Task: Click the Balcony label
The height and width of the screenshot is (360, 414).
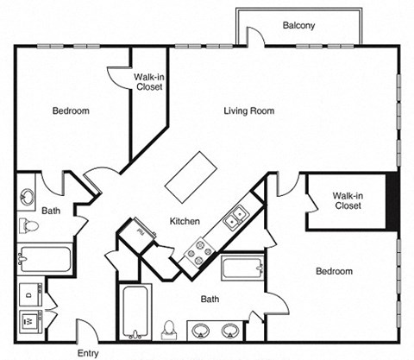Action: [x=298, y=26]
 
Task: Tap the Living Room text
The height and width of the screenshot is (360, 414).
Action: [x=248, y=111]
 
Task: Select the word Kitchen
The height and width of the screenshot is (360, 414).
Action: [x=185, y=222]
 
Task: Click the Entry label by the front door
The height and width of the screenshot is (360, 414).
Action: [x=88, y=353]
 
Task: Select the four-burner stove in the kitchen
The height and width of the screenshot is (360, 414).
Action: [x=201, y=250]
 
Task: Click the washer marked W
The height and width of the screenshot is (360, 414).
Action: [x=28, y=318]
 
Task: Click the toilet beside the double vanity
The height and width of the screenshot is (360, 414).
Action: [x=169, y=329]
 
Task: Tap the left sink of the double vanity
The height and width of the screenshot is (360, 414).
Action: [x=201, y=330]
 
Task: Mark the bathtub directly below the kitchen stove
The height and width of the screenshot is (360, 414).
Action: [x=241, y=268]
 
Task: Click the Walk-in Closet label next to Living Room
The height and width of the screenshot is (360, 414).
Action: [x=150, y=81]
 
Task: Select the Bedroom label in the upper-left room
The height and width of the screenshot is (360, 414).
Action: [x=71, y=111]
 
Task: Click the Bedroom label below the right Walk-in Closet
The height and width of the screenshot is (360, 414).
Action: [x=333, y=271]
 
